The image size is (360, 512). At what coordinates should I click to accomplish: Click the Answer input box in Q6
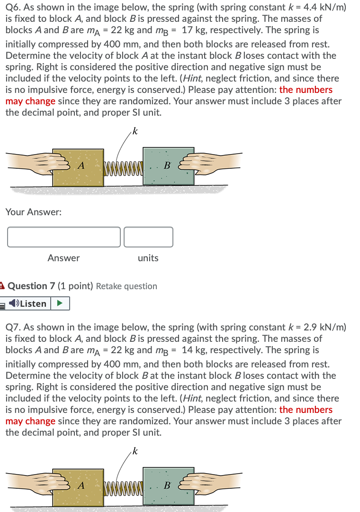pyautogui.click(x=64, y=237)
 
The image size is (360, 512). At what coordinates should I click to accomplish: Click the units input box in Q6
pyautogui.click(x=148, y=237)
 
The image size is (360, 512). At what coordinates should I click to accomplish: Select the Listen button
pyautogui.click(x=28, y=303)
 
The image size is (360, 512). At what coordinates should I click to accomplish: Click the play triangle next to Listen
pyautogui.click(x=60, y=303)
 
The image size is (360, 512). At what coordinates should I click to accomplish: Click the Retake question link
pyautogui.click(x=126, y=286)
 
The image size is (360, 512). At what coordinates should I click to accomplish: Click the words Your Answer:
pyautogui.click(x=33, y=212)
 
